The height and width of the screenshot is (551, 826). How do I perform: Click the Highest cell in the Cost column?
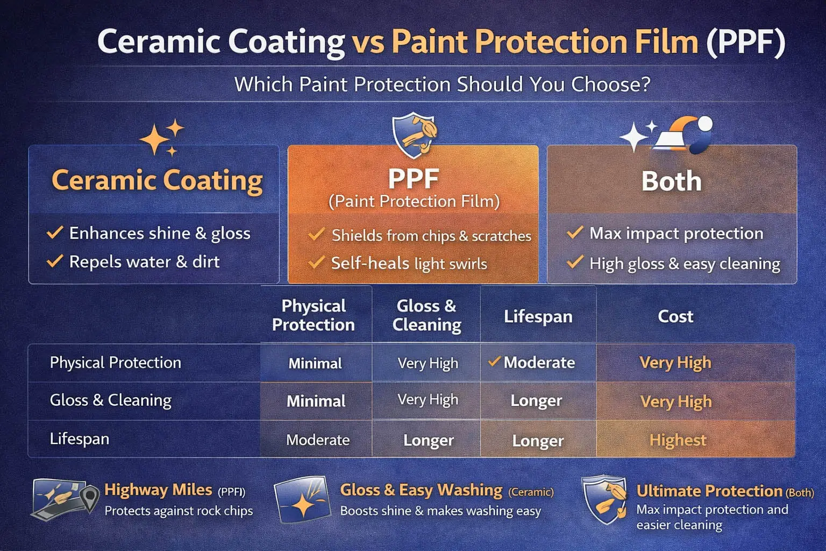678,440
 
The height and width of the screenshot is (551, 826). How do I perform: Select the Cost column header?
675,316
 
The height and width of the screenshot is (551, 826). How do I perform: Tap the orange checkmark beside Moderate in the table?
494,362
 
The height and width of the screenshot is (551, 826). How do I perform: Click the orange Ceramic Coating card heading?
157,180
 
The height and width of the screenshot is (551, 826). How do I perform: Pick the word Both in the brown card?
671,181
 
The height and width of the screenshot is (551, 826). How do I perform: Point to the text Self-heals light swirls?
409,263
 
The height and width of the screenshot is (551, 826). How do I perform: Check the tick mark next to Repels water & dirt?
55,262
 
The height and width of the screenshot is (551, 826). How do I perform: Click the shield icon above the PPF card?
413,134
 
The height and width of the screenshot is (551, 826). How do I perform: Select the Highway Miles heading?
158,490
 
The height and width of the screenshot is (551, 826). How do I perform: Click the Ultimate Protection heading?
709,491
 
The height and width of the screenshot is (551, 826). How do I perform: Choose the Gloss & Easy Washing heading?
421,490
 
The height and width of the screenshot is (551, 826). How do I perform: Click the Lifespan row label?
80,439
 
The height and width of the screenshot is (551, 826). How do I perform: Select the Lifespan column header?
538,316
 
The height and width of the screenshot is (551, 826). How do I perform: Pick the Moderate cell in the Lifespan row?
318,440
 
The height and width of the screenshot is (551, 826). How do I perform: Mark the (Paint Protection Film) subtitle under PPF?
414,201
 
